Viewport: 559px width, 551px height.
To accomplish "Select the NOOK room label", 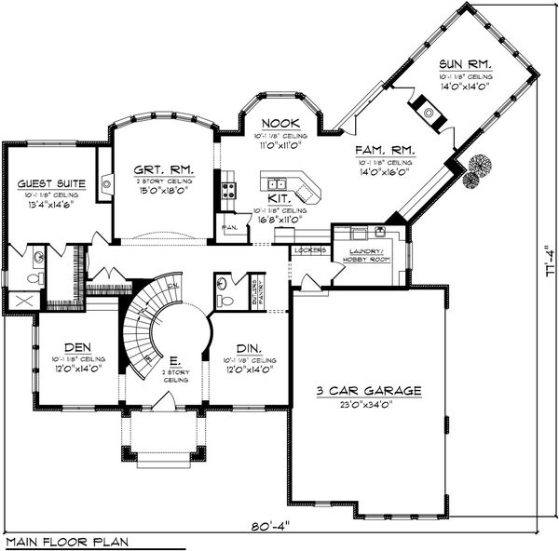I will coord(278,123).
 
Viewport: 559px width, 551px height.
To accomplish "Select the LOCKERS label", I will coord(308,250).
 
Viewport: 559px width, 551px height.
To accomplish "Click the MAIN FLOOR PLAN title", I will coord(67,541).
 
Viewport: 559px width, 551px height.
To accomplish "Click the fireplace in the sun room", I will coord(429,114).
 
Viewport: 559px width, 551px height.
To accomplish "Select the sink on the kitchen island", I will coord(275,181).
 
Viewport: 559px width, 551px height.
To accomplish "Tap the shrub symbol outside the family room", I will coord(478,166).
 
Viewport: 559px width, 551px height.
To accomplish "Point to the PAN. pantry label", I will coord(229,226).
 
